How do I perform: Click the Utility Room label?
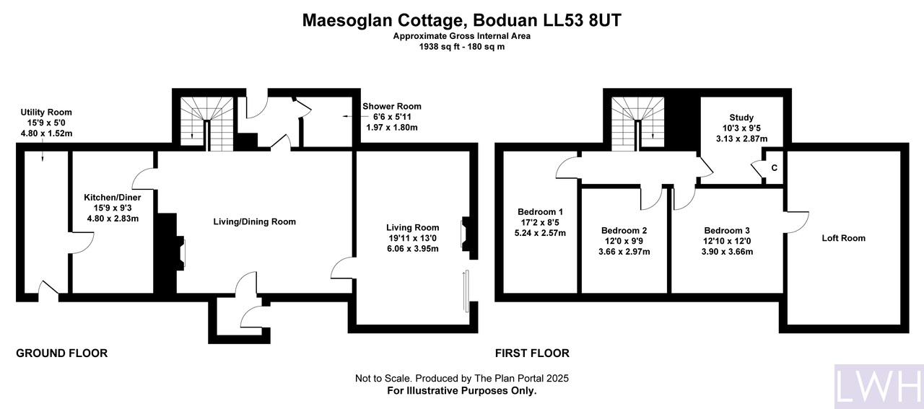[x=46, y=112]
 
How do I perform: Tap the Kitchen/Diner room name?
[x=113, y=198]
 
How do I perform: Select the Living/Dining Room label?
[x=255, y=222]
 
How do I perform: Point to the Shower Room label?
[x=392, y=106]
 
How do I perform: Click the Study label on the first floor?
[x=741, y=118]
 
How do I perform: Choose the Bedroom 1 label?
[x=540, y=212]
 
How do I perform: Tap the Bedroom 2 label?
[x=624, y=231]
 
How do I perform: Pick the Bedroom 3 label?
[x=727, y=231]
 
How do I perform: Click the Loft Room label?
[x=844, y=238]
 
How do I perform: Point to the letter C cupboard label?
[x=775, y=168]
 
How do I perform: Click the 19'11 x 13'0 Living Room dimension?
[x=412, y=238]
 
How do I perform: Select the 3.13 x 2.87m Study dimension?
[x=741, y=139]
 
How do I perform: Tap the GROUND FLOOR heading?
[x=62, y=353]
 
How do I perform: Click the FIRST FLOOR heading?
[x=532, y=353]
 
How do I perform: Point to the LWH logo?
[x=879, y=387]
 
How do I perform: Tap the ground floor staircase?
[x=207, y=123]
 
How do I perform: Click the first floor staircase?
[x=637, y=123]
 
